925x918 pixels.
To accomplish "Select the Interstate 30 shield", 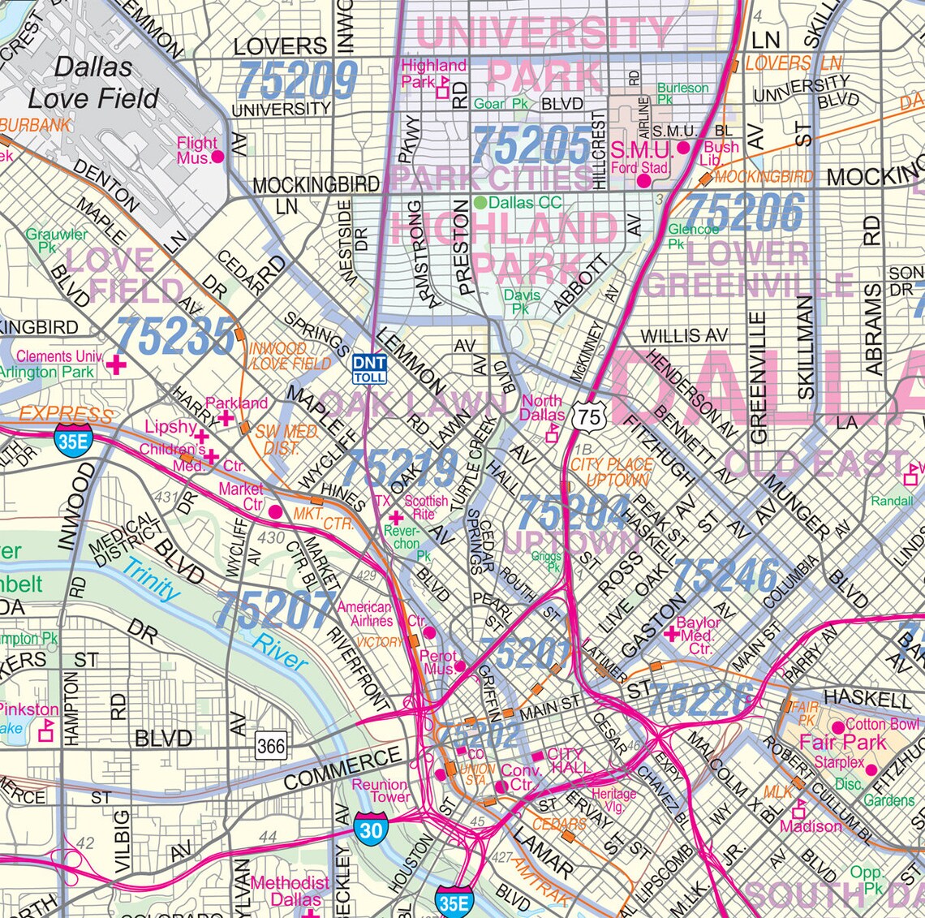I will pos(371,830).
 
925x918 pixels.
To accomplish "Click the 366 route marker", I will pos(271,745).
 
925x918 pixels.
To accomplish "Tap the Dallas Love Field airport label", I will pos(93,83).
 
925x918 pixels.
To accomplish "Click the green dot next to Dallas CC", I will pos(480,202).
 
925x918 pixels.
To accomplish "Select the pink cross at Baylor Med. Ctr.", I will pos(670,632).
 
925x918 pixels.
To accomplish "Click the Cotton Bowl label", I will pos(882,724).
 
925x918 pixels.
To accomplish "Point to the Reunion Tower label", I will pos(380,791).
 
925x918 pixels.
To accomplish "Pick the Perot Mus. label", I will pos(439,662).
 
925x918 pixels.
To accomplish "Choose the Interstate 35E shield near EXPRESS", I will pos(70,442).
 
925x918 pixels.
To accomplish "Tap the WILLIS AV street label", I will pos(684,336).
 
